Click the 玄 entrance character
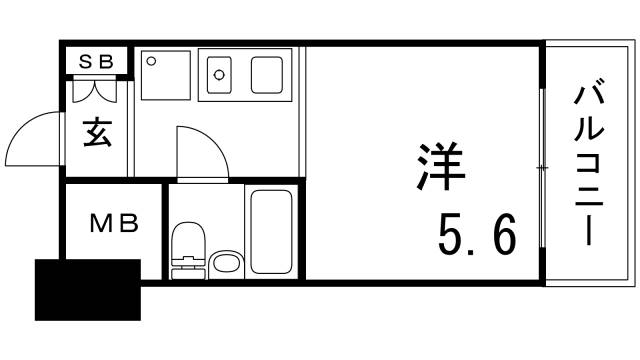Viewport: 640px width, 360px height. (x=97, y=133)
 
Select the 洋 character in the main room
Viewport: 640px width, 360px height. (x=441, y=166)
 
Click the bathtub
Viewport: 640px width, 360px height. (x=269, y=231)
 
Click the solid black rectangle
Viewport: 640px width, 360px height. (x=88, y=289)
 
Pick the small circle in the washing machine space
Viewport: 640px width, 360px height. (x=151, y=61)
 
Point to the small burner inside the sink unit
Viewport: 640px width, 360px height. (x=219, y=73)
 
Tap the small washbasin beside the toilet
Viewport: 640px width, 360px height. (x=227, y=263)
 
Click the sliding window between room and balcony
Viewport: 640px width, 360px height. (x=541, y=166)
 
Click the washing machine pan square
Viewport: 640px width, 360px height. (x=166, y=75)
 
